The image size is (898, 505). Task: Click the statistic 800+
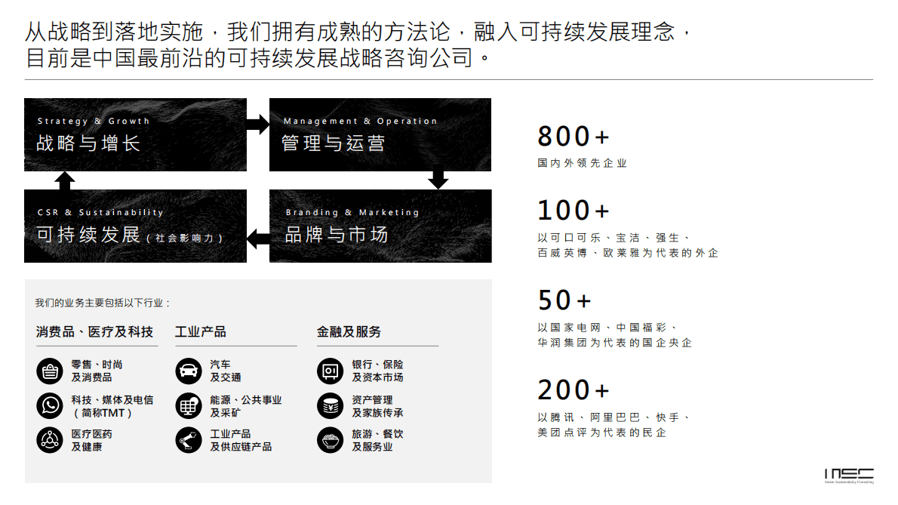click(x=573, y=137)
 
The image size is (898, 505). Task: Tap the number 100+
click(x=573, y=210)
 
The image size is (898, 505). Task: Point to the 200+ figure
click(x=573, y=390)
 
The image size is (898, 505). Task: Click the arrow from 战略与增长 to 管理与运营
click(x=258, y=124)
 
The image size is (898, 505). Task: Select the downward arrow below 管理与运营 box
click(x=438, y=180)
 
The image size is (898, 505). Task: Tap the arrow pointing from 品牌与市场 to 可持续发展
click(x=258, y=238)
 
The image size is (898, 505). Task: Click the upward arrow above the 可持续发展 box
click(x=66, y=180)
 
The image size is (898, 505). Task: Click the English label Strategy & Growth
click(x=94, y=121)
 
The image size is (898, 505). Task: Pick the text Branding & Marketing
click(x=352, y=213)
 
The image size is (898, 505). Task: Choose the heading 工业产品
click(x=201, y=332)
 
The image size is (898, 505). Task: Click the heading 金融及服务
click(x=349, y=332)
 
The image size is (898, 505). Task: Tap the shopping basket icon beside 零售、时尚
click(x=50, y=371)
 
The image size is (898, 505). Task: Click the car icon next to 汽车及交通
click(x=189, y=371)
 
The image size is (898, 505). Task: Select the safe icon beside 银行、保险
click(x=331, y=371)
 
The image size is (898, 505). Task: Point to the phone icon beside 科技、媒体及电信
click(x=50, y=406)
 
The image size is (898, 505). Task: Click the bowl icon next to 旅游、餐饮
click(x=331, y=440)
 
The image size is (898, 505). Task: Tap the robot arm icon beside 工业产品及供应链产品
click(x=189, y=440)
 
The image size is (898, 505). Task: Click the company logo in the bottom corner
click(x=849, y=475)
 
